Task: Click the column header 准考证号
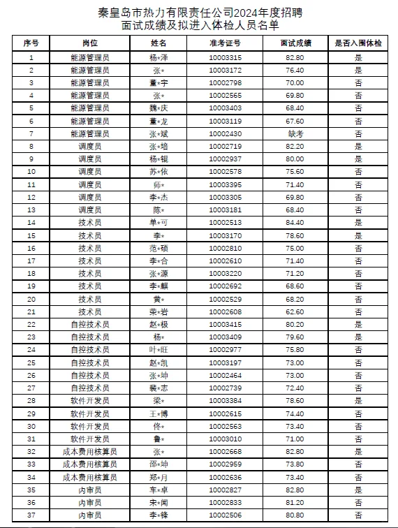pos(225,43)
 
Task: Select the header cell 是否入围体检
pos(358,43)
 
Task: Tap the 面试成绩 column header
pos(295,43)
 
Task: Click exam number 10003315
pos(225,57)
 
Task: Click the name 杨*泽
pos(159,57)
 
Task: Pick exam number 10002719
pos(225,147)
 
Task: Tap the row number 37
pos(31,515)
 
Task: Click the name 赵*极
pos(159,325)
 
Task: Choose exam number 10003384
pos(225,401)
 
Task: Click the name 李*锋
pos(159,515)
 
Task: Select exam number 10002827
pos(225,490)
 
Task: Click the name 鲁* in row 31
pos(159,439)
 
